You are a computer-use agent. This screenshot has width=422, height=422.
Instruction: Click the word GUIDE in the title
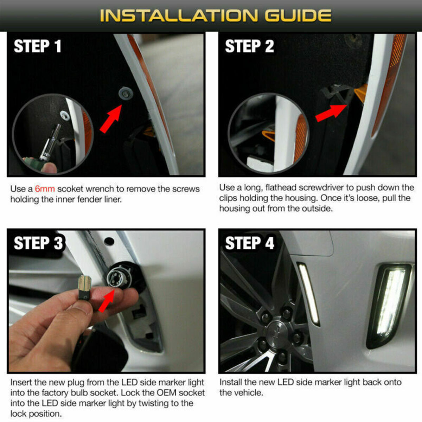298,16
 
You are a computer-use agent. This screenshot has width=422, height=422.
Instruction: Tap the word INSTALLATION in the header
179,16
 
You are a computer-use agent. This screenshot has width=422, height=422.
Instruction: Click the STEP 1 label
37,46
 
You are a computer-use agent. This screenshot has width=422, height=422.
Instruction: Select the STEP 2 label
249,46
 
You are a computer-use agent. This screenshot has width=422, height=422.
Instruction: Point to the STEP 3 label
38,243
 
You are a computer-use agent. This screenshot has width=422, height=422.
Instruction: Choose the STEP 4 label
250,243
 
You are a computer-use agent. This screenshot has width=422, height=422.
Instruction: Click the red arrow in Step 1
111,119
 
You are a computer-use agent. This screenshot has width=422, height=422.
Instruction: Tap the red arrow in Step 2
331,113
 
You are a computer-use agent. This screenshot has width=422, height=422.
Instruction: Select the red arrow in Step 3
107,300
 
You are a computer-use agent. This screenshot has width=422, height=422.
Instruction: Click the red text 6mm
45,189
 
